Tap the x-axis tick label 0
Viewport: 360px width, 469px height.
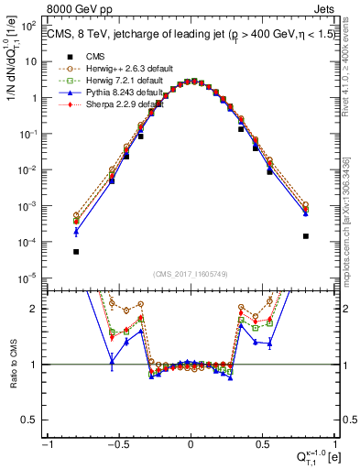pyautogui.click(x=191, y=445)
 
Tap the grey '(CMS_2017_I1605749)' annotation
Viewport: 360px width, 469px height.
pyautogui.click(x=191, y=275)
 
